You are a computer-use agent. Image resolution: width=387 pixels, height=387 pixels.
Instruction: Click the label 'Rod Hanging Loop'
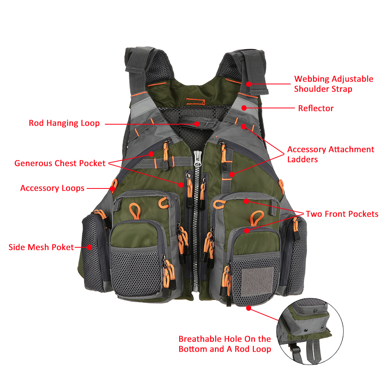coord(64,123)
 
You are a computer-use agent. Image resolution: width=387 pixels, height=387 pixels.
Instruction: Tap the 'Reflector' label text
coord(315,108)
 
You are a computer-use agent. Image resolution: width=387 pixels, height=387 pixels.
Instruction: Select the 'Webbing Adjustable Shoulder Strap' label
coord(334,84)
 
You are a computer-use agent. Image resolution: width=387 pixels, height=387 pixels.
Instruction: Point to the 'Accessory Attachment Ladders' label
coord(330,154)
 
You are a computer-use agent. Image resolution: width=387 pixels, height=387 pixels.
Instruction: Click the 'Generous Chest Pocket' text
coord(60,163)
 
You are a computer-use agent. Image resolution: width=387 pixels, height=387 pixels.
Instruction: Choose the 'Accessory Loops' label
coord(52,188)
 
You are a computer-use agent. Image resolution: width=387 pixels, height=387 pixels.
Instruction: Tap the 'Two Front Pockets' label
coord(342,214)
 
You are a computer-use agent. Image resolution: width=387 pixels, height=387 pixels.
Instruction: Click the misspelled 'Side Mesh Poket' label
coord(41,247)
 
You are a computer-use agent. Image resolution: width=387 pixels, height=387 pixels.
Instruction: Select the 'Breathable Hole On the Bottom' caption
coord(224,344)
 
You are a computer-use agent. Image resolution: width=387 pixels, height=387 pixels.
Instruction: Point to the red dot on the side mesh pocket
coord(89,247)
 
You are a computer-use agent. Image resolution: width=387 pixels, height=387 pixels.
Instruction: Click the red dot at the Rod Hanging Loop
coord(197,124)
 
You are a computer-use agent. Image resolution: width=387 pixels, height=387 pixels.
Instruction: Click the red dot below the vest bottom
coord(248,308)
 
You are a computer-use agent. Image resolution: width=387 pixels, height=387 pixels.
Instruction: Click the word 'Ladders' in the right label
coord(302,159)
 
